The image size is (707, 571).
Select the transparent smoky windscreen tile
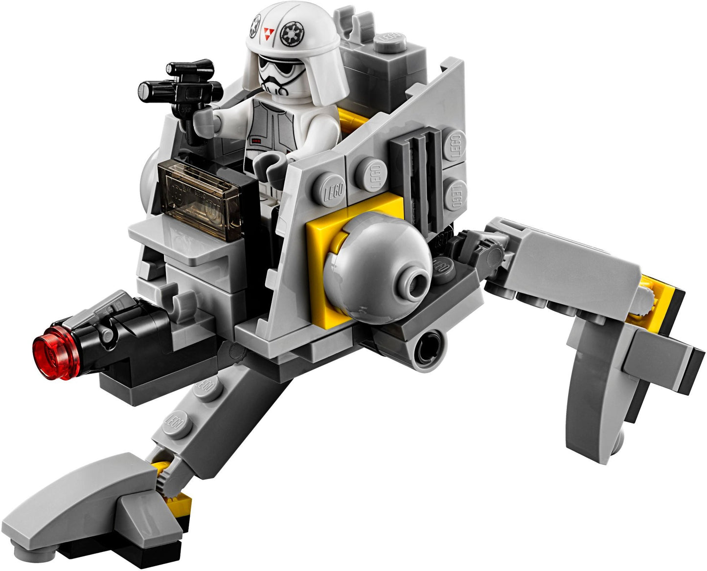point(200,200)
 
